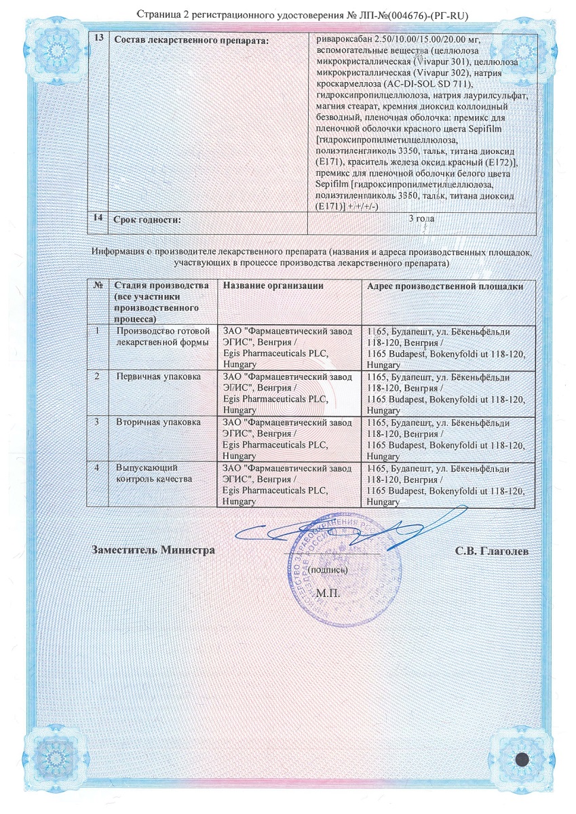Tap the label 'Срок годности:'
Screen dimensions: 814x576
(x=147, y=220)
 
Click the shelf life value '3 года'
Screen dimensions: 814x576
(x=421, y=219)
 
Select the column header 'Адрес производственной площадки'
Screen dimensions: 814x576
(x=444, y=286)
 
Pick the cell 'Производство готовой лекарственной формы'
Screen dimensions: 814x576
(x=161, y=336)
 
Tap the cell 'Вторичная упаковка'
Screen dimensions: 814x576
(x=159, y=422)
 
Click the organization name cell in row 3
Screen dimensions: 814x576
(x=288, y=439)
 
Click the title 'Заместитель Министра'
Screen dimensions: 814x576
(x=153, y=550)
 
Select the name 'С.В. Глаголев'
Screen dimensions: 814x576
(x=492, y=550)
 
